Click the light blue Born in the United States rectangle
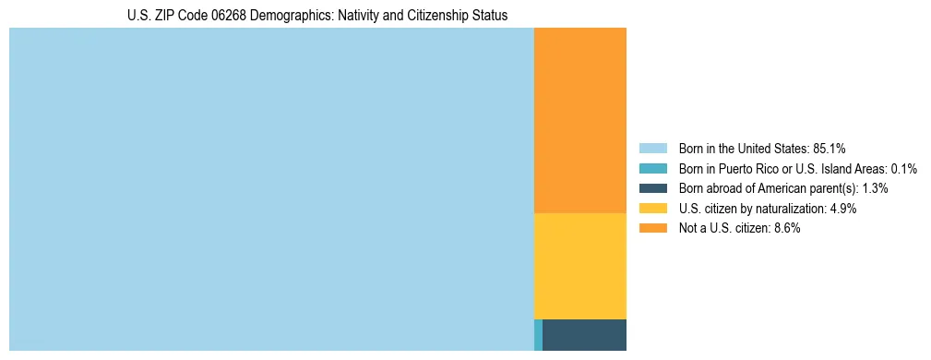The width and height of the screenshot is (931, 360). tap(271, 189)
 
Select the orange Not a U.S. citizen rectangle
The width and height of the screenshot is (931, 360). tap(579, 120)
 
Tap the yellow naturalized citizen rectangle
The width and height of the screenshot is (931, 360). tap(579, 266)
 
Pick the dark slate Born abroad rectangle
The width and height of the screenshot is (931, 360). tap(584, 334)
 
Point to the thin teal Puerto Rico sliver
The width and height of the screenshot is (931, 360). tap(538, 334)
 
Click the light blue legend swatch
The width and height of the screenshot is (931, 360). tap(652, 148)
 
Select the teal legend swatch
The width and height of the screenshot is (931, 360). tap(652, 168)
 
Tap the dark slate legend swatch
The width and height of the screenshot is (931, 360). tap(652, 188)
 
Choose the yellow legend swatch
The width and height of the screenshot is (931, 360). tap(652, 209)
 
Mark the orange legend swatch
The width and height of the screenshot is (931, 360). tap(652, 229)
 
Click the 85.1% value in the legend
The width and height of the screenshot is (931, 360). tap(830, 148)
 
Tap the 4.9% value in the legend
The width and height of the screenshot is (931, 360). tap(843, 209)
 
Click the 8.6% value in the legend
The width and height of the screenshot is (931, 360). tap(786, 229)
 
